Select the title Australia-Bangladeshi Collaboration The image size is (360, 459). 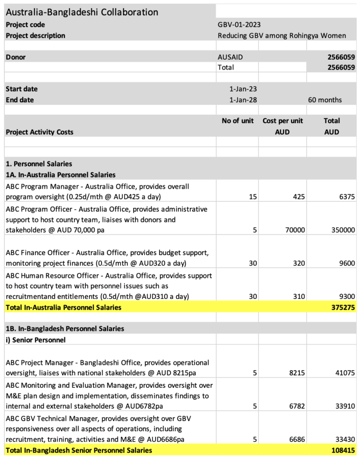pos(82,12)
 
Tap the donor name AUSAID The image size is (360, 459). pos(230,57)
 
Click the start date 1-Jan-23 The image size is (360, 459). pos(243,89)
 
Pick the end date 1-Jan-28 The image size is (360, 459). pos(243,100)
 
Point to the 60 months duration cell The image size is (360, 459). pos(325,100)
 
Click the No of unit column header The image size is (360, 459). pos(238,121)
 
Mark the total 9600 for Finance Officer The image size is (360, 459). pos(346,264)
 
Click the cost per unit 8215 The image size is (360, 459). pos(297,373)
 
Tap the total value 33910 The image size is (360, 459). pos(343,407)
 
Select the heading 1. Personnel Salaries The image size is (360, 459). pos(39,164)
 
